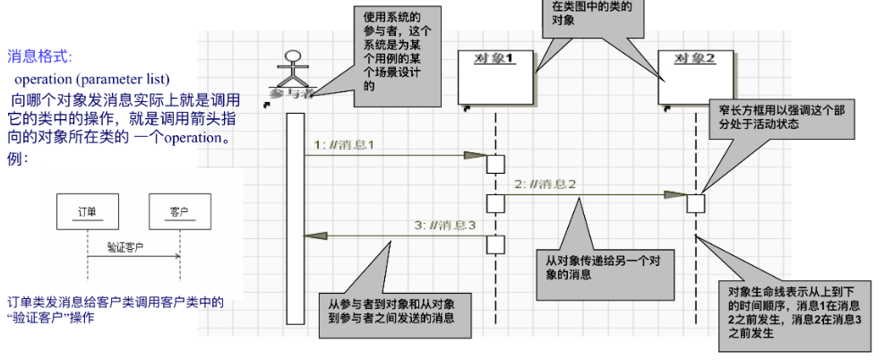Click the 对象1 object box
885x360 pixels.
tap(495, 79)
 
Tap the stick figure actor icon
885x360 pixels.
tap(290, 68)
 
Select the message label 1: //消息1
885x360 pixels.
tap(343, 144)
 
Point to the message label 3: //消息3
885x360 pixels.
tap(444, 225)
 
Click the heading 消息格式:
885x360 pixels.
tap(40, 56)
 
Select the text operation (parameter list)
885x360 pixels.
tap(92, 78)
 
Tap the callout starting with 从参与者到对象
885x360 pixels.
tap(394, 310)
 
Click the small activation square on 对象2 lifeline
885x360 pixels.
tap(696, 203)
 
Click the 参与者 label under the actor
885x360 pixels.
tap(290, 93)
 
